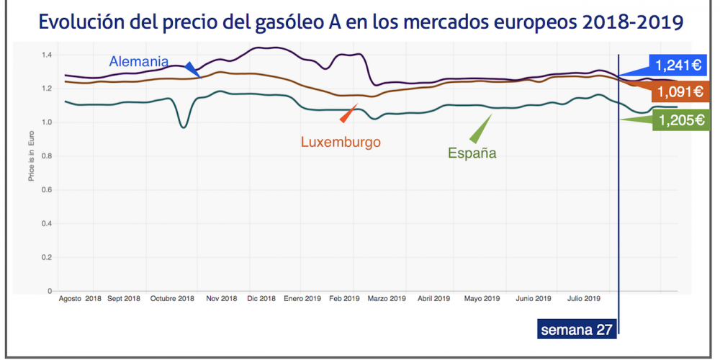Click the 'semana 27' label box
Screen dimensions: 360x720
576,330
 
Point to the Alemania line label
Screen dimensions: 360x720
139,61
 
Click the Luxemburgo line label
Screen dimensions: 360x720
341,142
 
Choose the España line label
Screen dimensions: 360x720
472,153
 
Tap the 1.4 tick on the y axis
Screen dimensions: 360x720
47,55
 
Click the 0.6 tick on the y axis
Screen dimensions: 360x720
47,190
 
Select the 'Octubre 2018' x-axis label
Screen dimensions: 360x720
173,298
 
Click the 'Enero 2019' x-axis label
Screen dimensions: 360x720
302,298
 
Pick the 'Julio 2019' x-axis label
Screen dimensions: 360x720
583,298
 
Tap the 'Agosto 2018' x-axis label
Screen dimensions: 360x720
80,298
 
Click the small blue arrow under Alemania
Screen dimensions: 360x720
192,69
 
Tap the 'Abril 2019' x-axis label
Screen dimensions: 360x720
434,298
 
